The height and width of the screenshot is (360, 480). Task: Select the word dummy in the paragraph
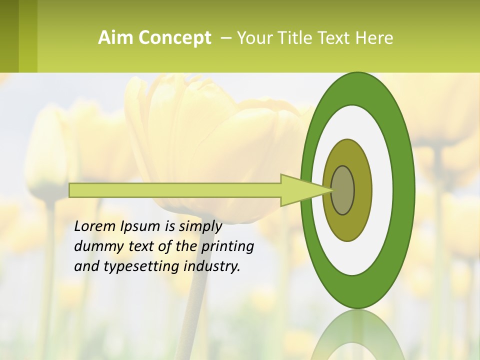tap(95, 246)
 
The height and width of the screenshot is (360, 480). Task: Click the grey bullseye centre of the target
tap(343, 190)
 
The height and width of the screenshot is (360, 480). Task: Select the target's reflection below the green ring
tap(357, 335)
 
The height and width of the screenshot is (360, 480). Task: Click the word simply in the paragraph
tap(200, 226)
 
